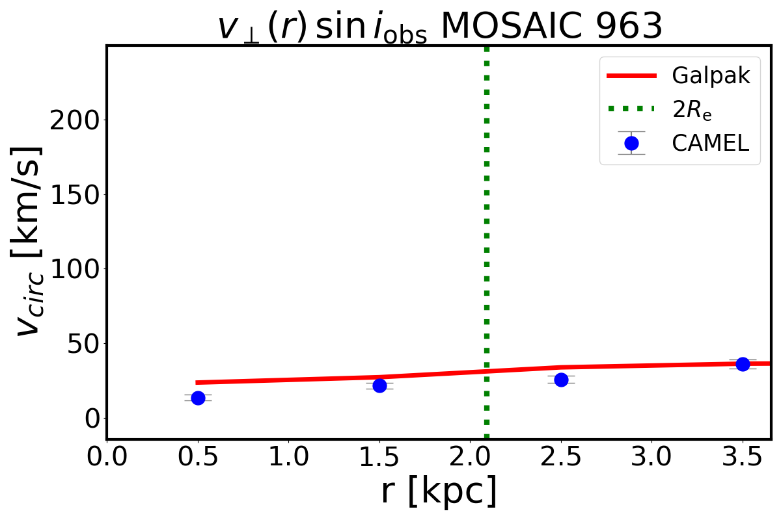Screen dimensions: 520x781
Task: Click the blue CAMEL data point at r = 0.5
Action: [198, 398]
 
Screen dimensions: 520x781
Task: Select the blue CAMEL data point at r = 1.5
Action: [379, 385]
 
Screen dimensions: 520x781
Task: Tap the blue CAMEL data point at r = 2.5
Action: [561, 380]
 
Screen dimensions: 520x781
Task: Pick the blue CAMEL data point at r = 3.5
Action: [743, 364]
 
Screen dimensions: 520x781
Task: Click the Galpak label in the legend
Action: [711, 76]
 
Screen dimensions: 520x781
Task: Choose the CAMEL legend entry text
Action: [711, 143]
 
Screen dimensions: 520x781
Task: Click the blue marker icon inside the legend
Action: [631, 143]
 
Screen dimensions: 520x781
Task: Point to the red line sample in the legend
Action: [631, 76]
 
